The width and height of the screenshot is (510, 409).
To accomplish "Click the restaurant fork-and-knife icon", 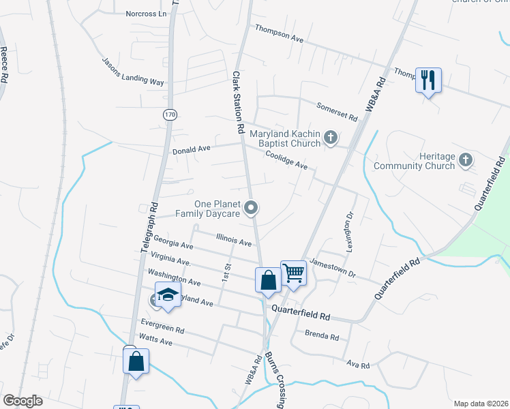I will tap(428, 80).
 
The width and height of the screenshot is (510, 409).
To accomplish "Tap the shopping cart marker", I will tap(293, 273).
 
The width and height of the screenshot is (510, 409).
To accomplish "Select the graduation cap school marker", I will tap(167, 295).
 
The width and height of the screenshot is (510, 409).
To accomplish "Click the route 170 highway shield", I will tap(170, 115).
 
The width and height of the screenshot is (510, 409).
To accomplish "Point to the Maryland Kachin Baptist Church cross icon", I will tap(330, 138).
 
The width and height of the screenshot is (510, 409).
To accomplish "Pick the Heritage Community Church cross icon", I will tap(465, 160).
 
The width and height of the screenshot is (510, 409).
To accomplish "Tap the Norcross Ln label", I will tap(146, 14).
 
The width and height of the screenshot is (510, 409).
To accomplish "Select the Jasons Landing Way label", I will tap(133, 71).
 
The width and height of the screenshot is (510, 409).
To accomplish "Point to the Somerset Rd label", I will tap(337, 112).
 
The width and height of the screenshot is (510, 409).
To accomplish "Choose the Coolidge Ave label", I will tap(286, 160).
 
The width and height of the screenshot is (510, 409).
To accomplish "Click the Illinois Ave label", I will tap(234, 239).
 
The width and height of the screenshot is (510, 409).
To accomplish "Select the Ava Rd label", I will tap(357, 366).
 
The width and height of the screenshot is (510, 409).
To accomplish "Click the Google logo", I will tap(22, 401).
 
